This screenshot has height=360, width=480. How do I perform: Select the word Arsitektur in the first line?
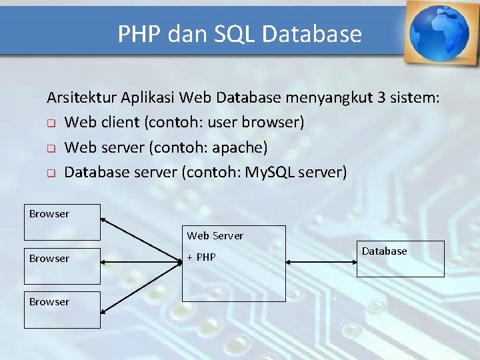(81, 98)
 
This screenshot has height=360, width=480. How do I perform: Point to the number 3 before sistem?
(381, 98)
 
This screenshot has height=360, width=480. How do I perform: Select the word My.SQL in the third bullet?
(270, 173)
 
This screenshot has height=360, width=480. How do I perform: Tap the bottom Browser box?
(62, 309)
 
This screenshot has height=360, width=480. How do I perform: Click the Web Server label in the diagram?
(215, 236)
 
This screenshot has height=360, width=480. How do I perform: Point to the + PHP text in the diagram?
(201, 257)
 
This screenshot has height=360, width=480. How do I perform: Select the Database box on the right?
(400, 259)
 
